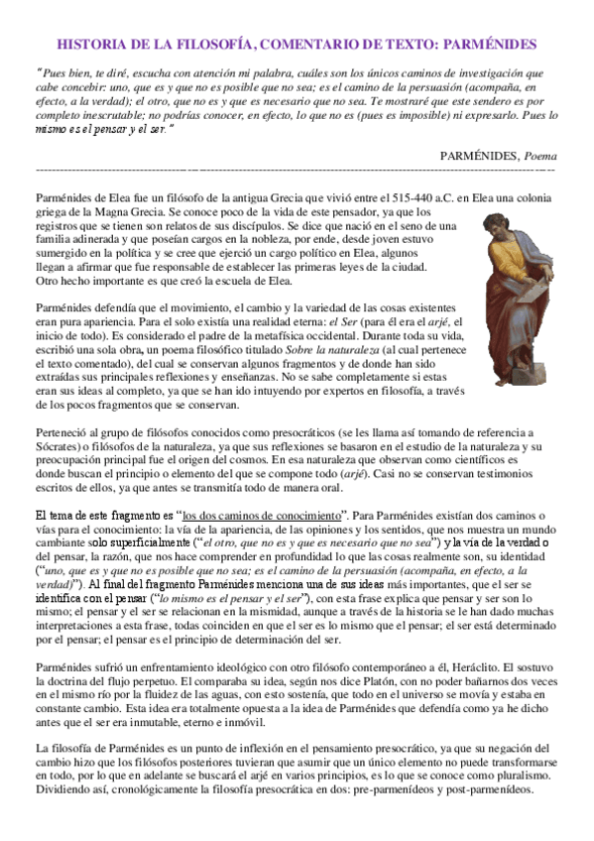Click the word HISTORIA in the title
click(92, 45)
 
